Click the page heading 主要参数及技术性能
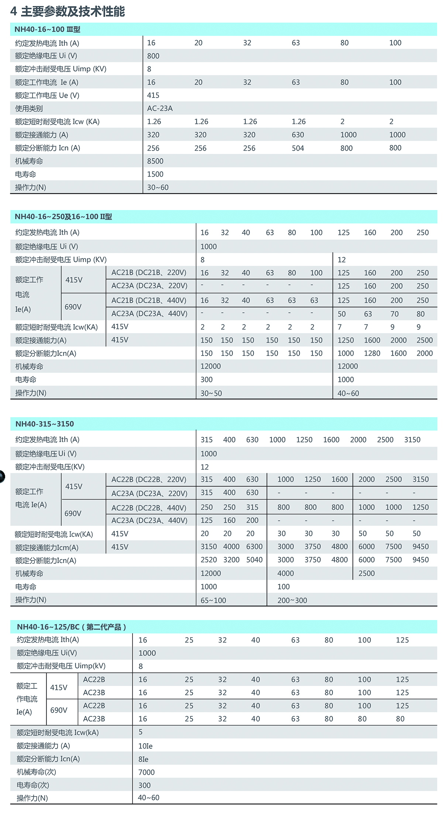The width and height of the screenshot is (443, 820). [73, 11]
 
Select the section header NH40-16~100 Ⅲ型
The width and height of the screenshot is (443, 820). [47, 30]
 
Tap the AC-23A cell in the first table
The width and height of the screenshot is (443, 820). [160, 108]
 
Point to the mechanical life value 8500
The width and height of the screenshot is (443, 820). [155, 161]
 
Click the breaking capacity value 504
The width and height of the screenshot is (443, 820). [298, 148]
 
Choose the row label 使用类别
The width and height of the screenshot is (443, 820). [29, 108]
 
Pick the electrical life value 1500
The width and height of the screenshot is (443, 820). [155, 174]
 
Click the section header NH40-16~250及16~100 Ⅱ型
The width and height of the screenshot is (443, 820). [63, 217]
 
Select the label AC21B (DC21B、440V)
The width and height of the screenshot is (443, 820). [149, 300]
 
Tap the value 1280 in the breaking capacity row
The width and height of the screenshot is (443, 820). [372, 353]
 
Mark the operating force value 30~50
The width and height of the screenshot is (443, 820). [211, 393]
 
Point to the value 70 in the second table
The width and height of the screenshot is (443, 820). [395, 314]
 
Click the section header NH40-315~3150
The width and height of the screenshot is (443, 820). [44, 424]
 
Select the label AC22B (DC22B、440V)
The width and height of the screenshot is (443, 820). [149, 508]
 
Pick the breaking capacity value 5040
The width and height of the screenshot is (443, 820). [254, 560]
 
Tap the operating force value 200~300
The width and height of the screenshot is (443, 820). [292, 600]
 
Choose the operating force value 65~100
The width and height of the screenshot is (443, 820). [213, 600]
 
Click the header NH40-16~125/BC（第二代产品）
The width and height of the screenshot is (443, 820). [72, 627]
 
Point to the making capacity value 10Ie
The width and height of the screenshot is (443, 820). [145, 746]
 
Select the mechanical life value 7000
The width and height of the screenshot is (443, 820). [147, 772]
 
